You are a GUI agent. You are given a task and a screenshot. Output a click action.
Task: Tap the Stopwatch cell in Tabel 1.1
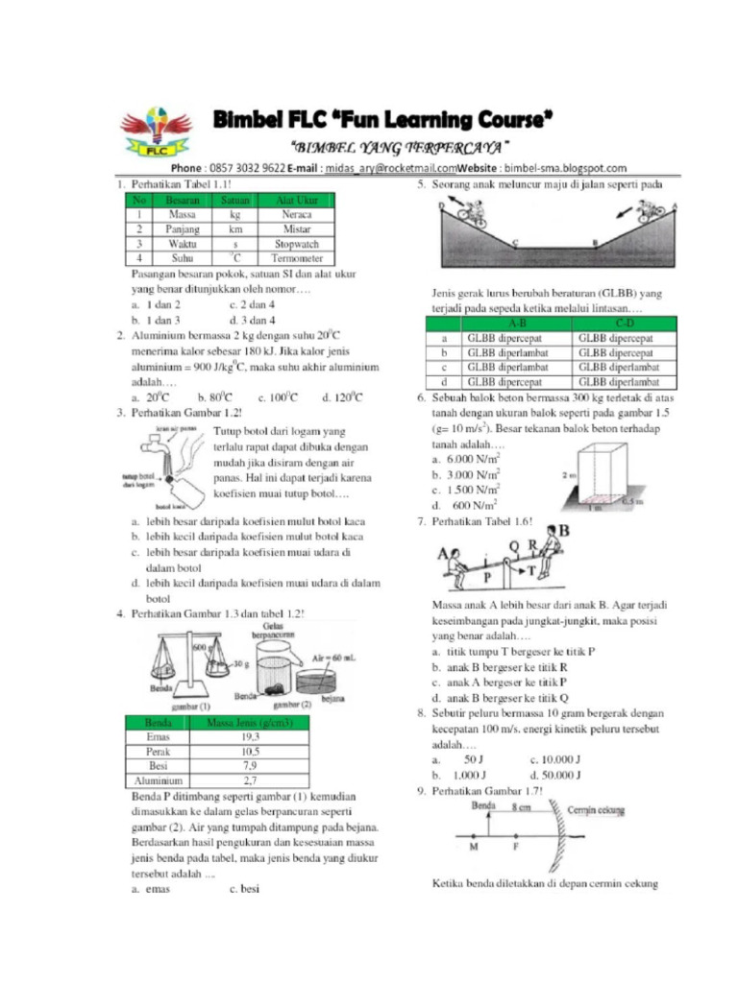pyautogui.click(x=296, y=244)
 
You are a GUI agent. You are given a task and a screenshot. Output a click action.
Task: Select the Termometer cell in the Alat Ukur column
pyautogui.click(x=296, y=258)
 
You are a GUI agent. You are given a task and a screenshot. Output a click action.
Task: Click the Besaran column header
pyautogui.click(x=182, y=202)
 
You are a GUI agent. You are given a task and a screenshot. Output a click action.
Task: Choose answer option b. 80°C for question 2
pyautogui.click(x=216, y=396)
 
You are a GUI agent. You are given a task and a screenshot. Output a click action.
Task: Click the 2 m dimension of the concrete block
pyautogui.click(x=569, y=476)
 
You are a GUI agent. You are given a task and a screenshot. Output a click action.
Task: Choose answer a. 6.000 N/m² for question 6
pyautogui.click(x=465, y=460)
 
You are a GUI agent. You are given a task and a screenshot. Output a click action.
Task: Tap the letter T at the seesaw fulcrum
pyautogui.click(x=530, y=568)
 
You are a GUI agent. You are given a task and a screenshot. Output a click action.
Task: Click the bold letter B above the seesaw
pyautogui.click(x=563, y=530)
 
